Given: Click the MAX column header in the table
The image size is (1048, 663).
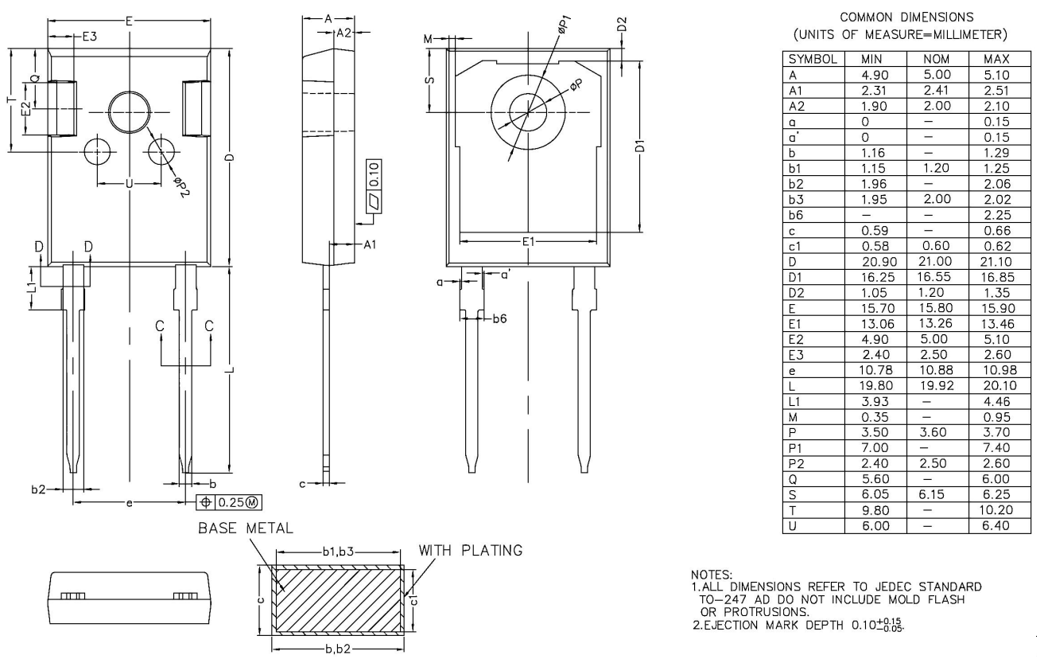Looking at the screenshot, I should (x=999, y=59).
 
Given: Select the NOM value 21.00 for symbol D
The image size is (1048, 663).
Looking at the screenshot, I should (x=937, y=261).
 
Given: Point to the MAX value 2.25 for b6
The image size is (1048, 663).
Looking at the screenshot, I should (x=999, y=215).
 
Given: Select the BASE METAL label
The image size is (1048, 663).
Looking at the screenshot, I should (x=246, y=528).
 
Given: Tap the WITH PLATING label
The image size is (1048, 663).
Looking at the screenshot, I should (x=471, y=551).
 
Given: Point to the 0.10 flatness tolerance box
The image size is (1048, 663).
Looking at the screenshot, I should (x=375, y=171).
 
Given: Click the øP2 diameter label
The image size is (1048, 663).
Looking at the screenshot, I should (x=182, y=188).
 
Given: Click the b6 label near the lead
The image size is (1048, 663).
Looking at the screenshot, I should (x=500, y=318).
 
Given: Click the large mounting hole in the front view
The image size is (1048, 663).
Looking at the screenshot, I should (x=130, y=112).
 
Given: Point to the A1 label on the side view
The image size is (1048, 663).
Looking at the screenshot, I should (x=370, y=244).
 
